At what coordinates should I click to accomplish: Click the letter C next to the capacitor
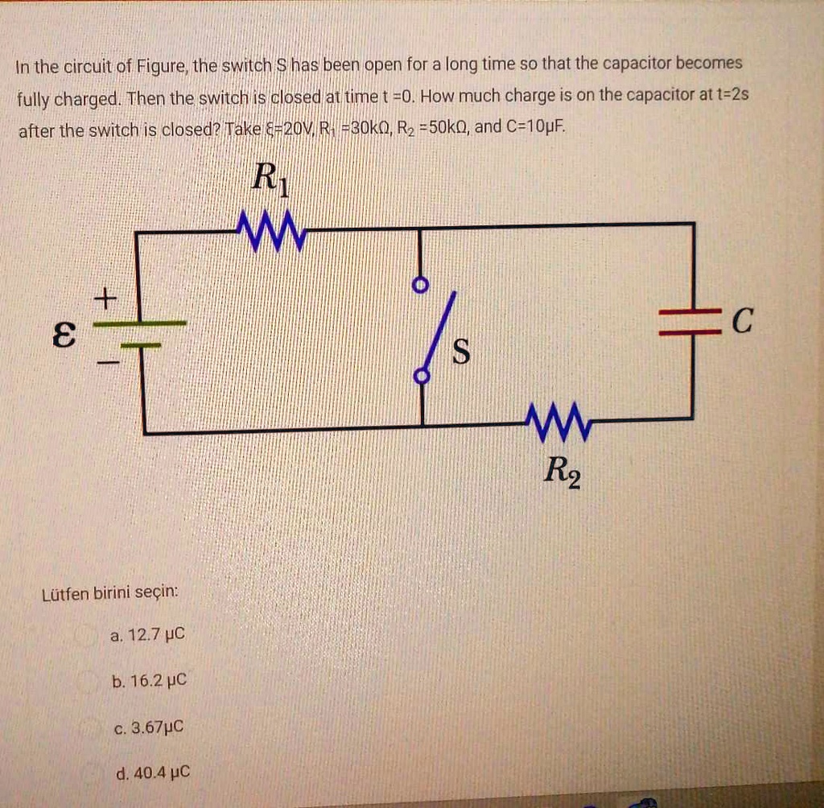click(743, 323)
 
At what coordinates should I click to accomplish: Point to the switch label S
click(461, 352)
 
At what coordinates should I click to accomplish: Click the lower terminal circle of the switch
click(419, 375)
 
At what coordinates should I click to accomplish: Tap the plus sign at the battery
click(105, 299)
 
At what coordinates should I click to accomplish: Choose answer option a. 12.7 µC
click(147, 635)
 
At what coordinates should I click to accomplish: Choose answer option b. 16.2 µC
click(149, 681)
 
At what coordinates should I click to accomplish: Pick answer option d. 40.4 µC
click(153, 773)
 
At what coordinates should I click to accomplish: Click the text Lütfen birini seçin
click(109, 594)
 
